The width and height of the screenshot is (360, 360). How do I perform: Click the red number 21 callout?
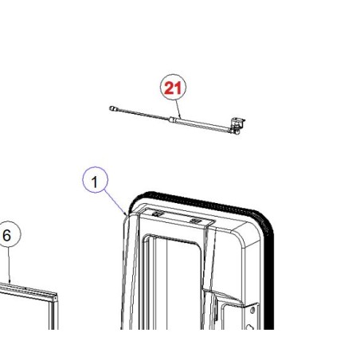pos(173,88)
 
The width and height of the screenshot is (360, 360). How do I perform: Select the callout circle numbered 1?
pos(95,180)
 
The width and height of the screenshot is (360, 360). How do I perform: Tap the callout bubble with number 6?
pos(8,234)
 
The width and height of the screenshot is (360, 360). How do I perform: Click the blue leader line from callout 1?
pos(115,202)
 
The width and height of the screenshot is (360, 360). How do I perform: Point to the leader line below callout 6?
pos(9,265)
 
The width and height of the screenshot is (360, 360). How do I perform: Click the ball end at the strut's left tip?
pos(112,108)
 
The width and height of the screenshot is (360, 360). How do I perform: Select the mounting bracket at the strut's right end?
pos(237,126)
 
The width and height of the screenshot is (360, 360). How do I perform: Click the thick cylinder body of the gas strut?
pos(202,124)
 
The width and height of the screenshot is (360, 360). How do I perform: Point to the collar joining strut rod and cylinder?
pos(172,119)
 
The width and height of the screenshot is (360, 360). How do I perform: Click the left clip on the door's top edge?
pos(157,213)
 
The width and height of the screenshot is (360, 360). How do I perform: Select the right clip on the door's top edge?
pos(196,220)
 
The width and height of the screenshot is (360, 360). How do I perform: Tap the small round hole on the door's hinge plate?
pos(252,310)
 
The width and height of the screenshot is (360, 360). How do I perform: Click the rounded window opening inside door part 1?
pos(172,282)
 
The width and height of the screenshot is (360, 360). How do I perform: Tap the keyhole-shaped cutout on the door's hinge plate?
pos(249,327)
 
